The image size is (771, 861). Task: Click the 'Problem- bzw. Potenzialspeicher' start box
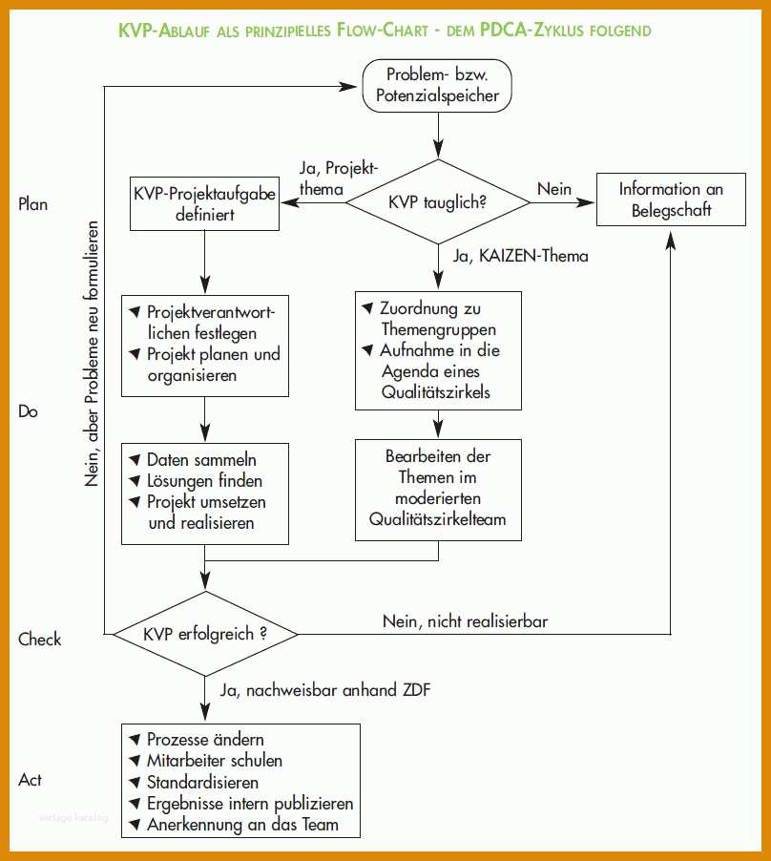(x=437, y=86)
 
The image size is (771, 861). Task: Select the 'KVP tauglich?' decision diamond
(x=438, y=201)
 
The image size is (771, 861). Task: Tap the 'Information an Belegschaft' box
(x=671, y=199)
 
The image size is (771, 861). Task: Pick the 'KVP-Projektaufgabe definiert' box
(x=205, y=203)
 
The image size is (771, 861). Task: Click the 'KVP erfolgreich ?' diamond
(x=205, y=634)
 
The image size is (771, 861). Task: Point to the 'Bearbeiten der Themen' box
(x=438, y=490)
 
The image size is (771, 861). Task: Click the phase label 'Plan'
(x=33, y=204)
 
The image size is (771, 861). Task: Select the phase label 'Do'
(x=28, y=411)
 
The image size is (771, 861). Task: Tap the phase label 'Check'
(x=39, y=640)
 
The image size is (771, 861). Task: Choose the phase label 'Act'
(x=30, y=780)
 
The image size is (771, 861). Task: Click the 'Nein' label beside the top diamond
(x=554, y=189)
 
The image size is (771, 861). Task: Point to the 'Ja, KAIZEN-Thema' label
(x=520, y=256)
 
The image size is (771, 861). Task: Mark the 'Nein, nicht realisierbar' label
(x=465, y=621)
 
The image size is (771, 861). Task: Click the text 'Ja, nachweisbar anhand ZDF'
(x=324, y=690)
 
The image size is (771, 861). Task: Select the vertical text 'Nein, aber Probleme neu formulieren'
(x=92, y=353)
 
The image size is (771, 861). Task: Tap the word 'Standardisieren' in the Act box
(x=202, y=782)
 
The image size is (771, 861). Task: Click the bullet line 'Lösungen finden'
(x=196, y=481)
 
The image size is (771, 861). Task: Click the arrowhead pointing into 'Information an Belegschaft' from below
(x=671, y=239)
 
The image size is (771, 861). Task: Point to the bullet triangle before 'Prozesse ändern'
(x=135, y=739)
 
